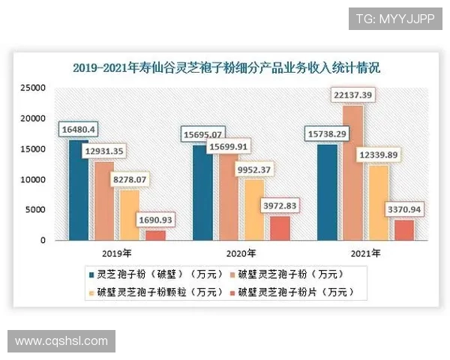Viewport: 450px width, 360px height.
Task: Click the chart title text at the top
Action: (226, 67)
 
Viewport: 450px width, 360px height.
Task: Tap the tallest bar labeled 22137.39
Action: (352, 172)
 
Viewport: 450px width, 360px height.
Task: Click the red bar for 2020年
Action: (278, 228)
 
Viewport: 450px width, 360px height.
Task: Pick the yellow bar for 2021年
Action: (377, 202)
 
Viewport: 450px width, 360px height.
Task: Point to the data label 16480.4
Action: (79, 129)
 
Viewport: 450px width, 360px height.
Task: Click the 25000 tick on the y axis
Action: (34, 88)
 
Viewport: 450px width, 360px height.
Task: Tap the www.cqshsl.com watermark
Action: (61, 341)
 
